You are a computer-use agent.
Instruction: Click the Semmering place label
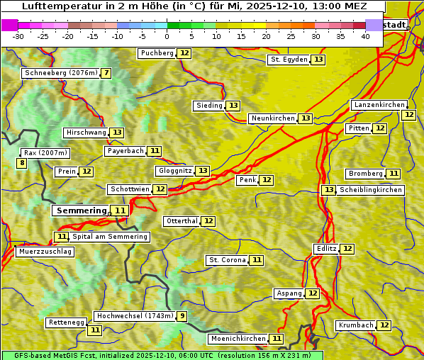click(81, 210)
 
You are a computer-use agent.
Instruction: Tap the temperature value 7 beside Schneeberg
click(106, 73)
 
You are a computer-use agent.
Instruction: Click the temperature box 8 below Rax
click(22, 164)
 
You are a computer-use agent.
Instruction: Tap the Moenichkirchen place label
click(238, 339)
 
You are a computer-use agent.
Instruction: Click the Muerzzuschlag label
click(45, 252)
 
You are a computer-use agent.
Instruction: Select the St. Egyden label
click(289, 60)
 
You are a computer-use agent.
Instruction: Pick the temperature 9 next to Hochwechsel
click(182, 316)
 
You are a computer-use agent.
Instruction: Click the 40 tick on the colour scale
click(365, 36)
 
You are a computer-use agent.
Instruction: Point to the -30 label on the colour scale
click(18, 36)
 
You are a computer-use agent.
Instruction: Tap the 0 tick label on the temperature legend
click(167, 36)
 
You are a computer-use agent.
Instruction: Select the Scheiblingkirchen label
click(370, 190)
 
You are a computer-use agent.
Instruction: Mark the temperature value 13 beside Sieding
click(233, 106)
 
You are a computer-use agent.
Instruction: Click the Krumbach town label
click(356, 325)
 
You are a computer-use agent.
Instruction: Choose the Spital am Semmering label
click(110, 237)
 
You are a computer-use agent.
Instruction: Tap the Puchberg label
click(157, 53)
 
